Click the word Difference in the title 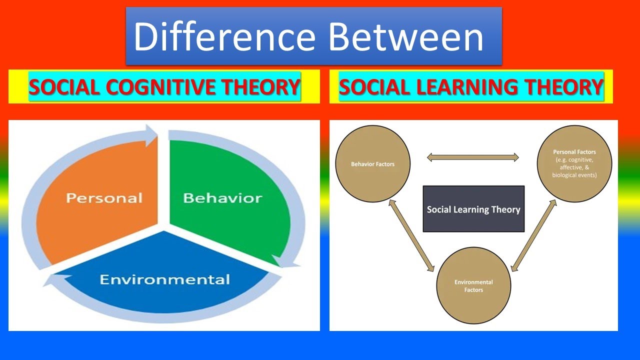(224, 37)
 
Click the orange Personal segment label (104, 198)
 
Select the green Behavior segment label (222, 198)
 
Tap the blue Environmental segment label (165, 279)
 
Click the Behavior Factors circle (372, 164)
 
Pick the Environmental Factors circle (473, 285)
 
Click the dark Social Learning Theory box (473, 209)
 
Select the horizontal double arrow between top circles (473, 157)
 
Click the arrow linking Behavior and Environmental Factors (410, 235)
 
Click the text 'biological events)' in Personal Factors (574, 175)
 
